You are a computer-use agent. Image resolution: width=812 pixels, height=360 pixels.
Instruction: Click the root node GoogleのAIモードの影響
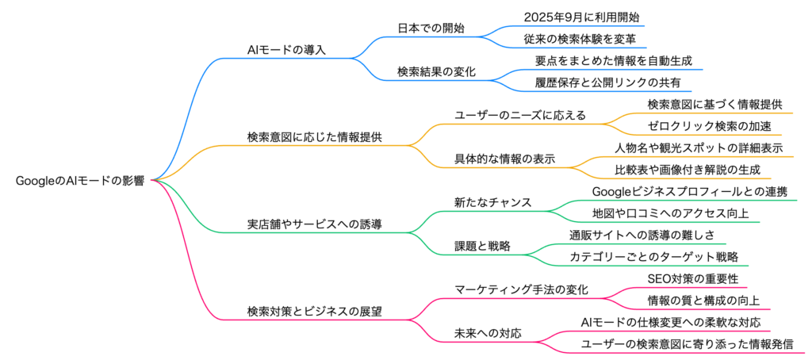[79, 181]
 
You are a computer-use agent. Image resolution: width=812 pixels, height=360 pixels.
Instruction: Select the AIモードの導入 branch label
[286, 50]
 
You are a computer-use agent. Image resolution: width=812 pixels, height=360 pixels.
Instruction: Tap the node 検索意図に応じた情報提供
[315, 136]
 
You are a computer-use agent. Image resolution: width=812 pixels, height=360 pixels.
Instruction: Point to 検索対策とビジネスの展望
[315, 311]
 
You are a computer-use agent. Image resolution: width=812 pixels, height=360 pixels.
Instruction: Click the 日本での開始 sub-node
[431, 28]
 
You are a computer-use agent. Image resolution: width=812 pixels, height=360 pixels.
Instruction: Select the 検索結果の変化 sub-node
[436, 71]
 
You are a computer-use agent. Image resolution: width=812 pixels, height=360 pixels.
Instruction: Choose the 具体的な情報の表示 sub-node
[504, 159]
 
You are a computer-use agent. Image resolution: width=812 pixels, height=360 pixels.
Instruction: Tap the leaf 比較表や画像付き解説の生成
[687, 170]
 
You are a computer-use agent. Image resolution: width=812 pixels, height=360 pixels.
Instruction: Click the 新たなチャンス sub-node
[492, 202]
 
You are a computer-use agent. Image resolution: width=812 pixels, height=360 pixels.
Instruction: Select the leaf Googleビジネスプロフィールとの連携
[695, 191]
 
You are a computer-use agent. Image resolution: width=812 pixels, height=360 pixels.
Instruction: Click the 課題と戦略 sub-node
[481, 246]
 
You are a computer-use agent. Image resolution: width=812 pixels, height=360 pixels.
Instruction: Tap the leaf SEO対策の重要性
[681, 278]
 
